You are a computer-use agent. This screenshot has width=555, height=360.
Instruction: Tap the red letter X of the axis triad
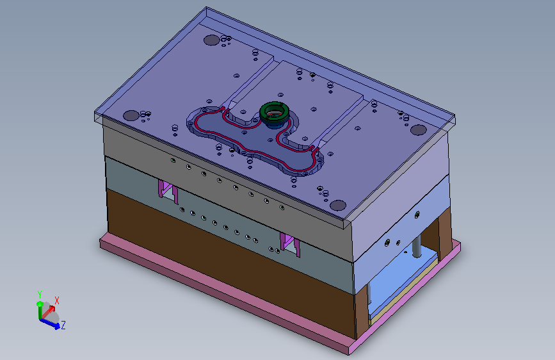click(56, 300)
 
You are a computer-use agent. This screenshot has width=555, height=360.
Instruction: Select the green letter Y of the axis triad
click(40, 295)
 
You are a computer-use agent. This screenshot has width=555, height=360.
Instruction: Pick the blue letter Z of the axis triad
click(63, 325)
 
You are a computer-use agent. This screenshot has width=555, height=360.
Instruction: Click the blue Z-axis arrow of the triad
click(49, 323)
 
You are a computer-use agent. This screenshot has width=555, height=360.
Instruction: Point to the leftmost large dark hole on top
click(131, 115)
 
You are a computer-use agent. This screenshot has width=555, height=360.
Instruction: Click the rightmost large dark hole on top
click(419, 130)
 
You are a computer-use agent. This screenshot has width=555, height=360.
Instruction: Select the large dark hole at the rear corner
click(212, 40)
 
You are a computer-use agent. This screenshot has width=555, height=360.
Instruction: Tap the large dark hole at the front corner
click(338, 205)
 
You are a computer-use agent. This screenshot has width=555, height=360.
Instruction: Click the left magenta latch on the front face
click(167, 191)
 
